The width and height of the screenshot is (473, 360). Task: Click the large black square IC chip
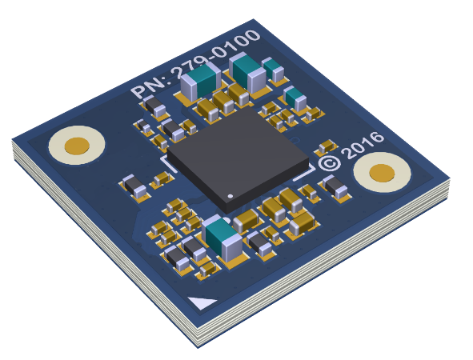[x=238, y=158]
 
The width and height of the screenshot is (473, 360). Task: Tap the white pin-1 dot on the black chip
[x=230, y=196]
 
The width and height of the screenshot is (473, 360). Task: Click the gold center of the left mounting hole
[x=77, y=146]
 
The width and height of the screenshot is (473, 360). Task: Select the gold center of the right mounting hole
[x=382, y=173]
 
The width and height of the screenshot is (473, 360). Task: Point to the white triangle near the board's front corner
[x=202, y=302]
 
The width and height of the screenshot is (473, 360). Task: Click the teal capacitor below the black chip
[x=222, y=238]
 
